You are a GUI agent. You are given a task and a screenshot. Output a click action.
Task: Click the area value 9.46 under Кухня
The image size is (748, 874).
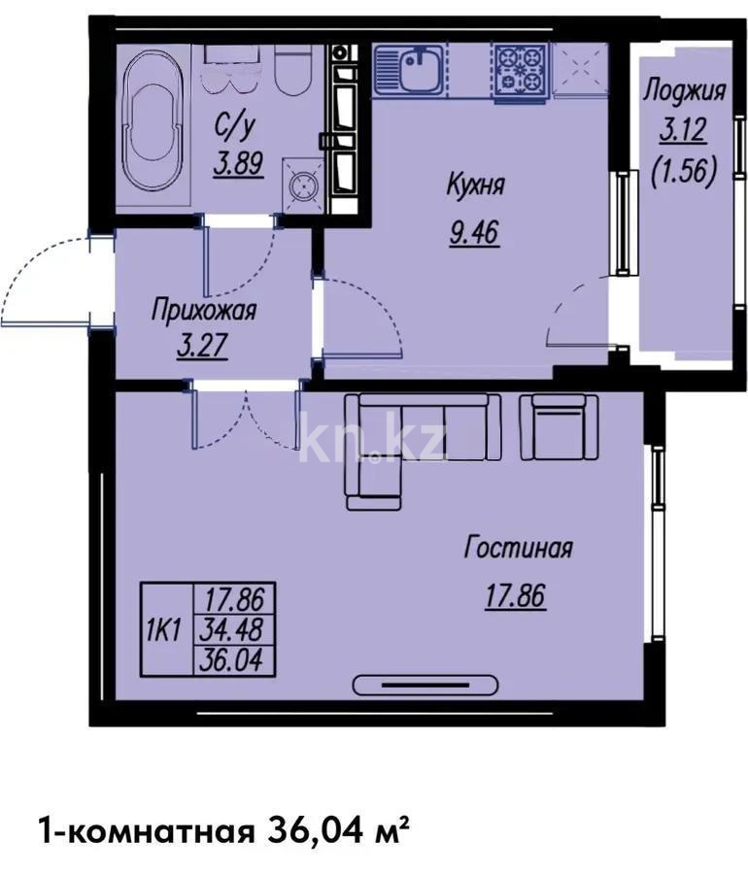pyautogui.click(x=474, y=234)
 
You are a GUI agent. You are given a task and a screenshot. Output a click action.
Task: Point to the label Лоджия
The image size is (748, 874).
pyautogui.click(x=685, y=92)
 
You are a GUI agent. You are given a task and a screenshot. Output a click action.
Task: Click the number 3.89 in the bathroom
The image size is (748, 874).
pyautogui.click(x=238, y=163)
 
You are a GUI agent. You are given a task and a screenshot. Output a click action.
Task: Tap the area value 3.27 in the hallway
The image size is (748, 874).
pyautogui.click(x=202, y=347)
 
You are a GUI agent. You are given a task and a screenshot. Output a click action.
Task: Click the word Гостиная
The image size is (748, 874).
pyautogui.click(x=517, y=549)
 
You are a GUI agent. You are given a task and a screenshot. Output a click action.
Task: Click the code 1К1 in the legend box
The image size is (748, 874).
pyautogui.click(x=164, y=629)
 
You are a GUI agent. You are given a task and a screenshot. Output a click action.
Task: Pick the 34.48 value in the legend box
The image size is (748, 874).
pyautogui.click(x=236, y=629)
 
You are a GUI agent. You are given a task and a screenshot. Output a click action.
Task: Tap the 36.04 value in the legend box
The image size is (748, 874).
pyautogui.click(x=236, y=660)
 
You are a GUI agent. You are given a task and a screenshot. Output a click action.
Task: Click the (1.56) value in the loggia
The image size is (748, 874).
pyautogui.click(x=685, y=172)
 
